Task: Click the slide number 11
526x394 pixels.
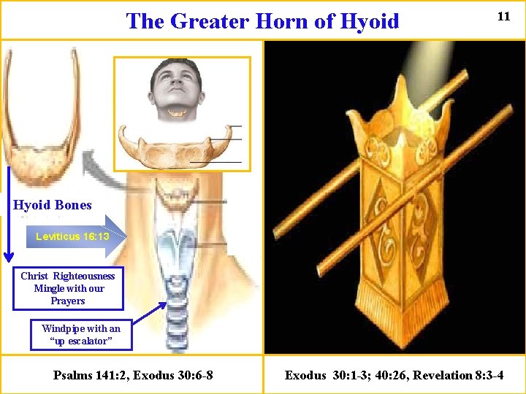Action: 503,16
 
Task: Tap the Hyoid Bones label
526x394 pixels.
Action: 53,205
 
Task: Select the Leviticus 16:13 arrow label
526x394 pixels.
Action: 73,236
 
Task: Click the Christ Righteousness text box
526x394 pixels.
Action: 68,288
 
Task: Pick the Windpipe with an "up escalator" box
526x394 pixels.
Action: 81,336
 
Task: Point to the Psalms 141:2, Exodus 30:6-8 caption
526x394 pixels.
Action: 133,375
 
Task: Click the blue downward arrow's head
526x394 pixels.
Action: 8,255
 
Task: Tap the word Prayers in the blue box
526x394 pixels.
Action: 68,301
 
